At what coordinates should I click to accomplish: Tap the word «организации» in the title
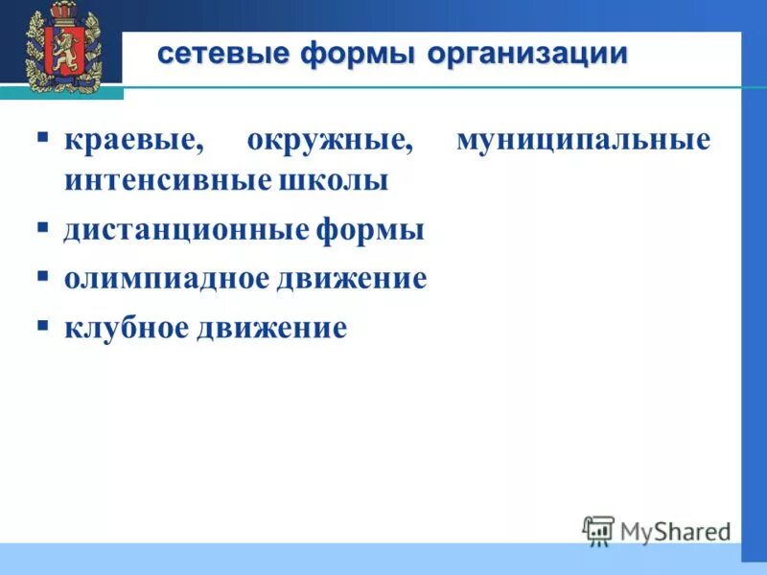point(527,54)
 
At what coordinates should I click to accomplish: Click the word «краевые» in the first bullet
point(134,141)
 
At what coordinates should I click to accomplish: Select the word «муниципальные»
point(583,141)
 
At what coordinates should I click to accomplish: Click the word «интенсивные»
point(162,181)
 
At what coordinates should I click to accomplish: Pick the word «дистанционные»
point(187,231)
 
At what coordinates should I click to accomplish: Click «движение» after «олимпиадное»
point(352,280)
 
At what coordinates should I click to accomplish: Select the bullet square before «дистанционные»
point(43,227)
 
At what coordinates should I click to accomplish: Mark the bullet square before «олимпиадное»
point(43,276)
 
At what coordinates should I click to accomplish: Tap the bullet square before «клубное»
point(43,325)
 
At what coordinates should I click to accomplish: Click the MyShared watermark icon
point(598,531)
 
